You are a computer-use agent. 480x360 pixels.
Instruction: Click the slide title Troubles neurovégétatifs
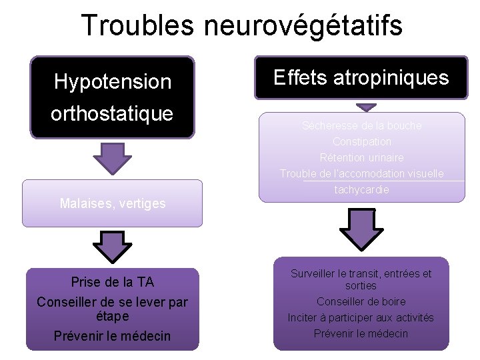pos(241,25)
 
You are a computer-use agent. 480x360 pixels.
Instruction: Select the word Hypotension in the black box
pos(113,82)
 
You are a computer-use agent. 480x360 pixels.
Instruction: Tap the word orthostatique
pos(112,114)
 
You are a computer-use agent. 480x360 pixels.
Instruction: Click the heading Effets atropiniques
pos(361,78)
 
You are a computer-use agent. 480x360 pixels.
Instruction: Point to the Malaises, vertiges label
pos(113,203)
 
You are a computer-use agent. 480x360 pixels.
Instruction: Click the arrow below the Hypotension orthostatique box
pos(113,158)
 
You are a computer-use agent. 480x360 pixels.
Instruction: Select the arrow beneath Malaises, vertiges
pos(113,246)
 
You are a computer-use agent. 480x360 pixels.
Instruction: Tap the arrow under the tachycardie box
pos(361,229)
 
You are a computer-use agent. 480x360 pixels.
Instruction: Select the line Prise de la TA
pos(113,282)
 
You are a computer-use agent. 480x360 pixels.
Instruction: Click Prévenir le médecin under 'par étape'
pos(113,335)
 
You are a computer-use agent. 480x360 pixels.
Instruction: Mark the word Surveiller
pos(313,273)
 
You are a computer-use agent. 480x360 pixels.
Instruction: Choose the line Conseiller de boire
pos(361,301)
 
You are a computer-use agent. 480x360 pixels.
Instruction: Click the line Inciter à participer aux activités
pos(361,317)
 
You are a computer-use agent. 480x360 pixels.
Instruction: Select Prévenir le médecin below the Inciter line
pos(361,333)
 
